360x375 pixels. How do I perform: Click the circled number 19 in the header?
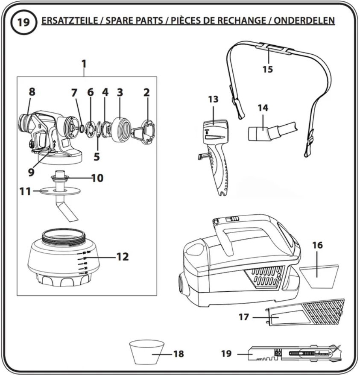click(x=23, y=23)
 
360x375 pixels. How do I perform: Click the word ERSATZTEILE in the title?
click(x=70, y=21)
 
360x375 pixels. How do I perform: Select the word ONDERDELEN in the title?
click(x=304, y=21)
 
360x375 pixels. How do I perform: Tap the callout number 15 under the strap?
click(x=268, y=69)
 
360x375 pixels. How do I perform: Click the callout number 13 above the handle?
click(x=213, y=99)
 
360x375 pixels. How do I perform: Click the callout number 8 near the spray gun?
click(x=32, y=92)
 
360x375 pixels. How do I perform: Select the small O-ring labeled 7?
click(x=81, y=128)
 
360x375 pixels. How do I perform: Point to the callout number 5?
click(x=97, y=157)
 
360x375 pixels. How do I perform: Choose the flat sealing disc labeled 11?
click(x=59, y=191)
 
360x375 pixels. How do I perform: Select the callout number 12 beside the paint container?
click(x=123, y=257)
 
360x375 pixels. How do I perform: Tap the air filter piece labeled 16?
click(x=319, y=276)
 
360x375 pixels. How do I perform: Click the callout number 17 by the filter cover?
click(x=244, y=317)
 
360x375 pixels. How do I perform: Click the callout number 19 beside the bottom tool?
click(x=226, y=353)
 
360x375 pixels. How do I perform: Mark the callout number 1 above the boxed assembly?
click(x=84, y=64)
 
